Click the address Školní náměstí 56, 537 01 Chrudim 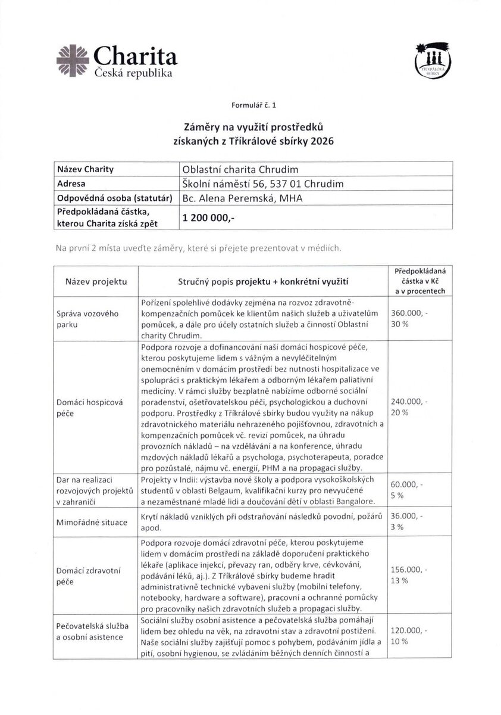tap(262, 184)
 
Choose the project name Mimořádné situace tap(92, 523)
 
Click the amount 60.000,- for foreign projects tap(406, 484)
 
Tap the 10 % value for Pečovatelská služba tap(400, 641)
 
